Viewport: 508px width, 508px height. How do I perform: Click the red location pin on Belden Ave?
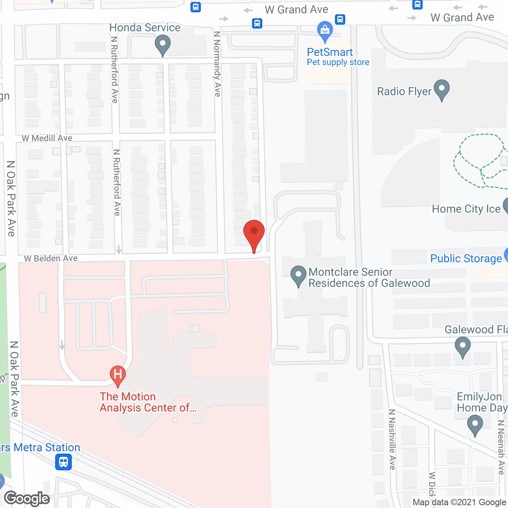(254, 233)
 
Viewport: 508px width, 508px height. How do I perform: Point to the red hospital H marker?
(117, 375)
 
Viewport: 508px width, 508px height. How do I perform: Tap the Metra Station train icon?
(63, 462)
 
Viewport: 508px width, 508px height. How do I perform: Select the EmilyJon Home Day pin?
(475, 424)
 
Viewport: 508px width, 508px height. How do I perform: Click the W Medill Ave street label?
(47, 138)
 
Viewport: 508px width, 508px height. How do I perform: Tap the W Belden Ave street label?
(51, 258)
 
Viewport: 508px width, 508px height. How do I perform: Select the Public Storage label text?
(466, 258)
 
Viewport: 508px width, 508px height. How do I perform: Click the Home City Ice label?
(466, 209)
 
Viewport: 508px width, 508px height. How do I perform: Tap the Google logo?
(27, 498)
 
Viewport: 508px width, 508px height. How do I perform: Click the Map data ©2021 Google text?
(460, 502)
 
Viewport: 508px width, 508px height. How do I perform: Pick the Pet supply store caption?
(338, 62)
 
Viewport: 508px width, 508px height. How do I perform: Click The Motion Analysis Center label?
(148, 402)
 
